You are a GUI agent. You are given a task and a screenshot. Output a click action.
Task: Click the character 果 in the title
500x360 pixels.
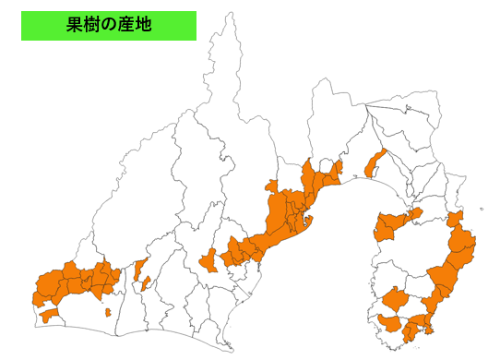coord(76,26)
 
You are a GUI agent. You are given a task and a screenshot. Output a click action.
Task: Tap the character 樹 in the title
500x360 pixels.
coord(93,26)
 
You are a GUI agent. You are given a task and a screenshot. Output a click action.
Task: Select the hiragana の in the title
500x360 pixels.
coord(110,26)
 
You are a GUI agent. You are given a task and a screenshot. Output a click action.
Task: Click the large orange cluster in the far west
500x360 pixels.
coord(78,282)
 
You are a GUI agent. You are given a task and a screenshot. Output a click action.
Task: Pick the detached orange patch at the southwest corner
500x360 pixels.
coord(48,316)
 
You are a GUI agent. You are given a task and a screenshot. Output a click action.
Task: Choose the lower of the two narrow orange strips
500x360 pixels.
coord(146,282)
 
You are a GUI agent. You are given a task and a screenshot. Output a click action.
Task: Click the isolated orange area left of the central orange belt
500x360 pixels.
coord(208,260)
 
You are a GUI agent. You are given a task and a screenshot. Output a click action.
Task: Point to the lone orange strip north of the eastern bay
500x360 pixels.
coord(374,163)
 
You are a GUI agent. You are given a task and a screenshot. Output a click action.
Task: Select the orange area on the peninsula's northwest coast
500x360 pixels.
coord(392,223)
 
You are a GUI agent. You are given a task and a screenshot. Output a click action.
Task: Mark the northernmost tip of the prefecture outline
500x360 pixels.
coord(228,13)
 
